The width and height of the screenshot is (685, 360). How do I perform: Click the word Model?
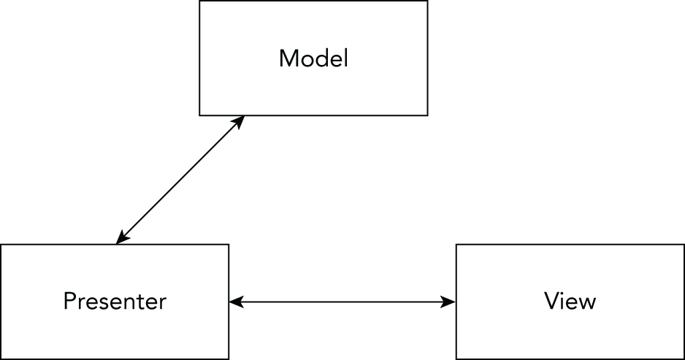pos(313,58)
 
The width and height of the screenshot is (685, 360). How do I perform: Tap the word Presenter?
pos(115,301)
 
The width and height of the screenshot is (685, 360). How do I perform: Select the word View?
pos(570,301)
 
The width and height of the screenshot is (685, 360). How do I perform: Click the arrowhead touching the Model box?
pos(239,120)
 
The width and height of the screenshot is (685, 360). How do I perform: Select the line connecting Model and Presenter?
pos(180,179)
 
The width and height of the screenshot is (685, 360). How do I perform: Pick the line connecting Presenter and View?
pos(342,301)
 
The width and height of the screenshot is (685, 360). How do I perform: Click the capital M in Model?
pos(288,58)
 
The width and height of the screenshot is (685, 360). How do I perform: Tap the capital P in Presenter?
pos(70,301)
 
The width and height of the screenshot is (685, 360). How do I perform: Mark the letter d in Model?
pos(321,58)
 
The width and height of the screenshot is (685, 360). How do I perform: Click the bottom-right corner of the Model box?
pos(427,115)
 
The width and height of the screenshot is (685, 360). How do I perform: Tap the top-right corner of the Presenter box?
pos(229,245)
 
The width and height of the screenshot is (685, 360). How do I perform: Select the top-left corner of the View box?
pos(456,245)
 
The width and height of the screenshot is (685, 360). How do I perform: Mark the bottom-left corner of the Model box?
pos(200,115)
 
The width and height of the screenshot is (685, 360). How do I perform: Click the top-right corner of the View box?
pos(684,245)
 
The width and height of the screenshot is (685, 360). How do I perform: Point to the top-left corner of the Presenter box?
pos(1,245)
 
